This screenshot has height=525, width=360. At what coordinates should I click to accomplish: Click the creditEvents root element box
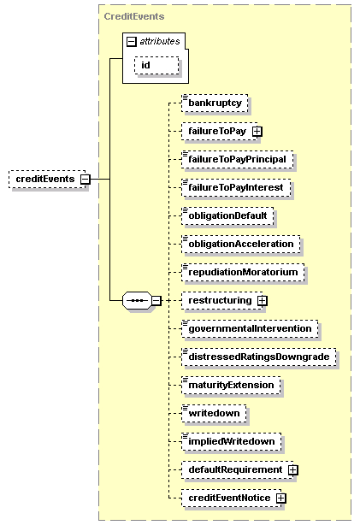[47, 179]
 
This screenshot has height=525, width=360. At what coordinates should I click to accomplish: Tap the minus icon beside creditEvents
[86, 179]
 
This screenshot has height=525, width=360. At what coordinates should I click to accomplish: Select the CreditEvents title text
[134, 16]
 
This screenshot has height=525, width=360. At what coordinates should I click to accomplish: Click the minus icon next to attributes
[132, 42]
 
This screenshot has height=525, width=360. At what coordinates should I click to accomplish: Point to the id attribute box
[156, 65]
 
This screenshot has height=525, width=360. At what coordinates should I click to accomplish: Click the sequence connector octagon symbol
[138, 300]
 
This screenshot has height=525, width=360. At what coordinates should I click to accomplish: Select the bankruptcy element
[215, 103]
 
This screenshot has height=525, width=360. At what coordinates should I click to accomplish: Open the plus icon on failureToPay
[257, 132]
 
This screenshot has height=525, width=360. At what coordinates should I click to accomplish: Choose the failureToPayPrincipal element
[238, 159]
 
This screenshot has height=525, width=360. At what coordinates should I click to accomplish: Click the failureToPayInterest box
[236, 187]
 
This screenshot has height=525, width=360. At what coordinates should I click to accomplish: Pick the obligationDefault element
[227, 215]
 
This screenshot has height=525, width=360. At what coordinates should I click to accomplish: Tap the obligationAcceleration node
[241, 244]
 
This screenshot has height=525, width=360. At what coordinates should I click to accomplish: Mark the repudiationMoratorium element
[243, 272]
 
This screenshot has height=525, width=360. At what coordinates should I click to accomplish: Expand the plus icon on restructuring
[263, 301]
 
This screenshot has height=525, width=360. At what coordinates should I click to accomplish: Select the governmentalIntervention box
[250, 328]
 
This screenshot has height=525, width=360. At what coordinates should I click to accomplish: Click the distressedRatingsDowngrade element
[259, 357]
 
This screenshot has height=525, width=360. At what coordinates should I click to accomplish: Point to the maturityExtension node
[231, 385]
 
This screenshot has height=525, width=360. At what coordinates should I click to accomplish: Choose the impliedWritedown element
[232, 441]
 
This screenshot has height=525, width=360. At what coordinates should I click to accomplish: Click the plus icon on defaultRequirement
[293, 470]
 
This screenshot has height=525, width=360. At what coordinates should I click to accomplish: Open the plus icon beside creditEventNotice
[281, 498]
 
